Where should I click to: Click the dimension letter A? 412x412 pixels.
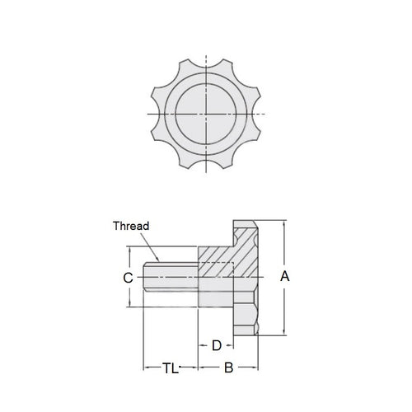point(286,278)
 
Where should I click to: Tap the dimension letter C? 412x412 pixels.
point(128,279)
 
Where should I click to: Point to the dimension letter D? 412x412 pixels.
point(217,345)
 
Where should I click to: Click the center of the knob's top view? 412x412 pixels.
point(206,112)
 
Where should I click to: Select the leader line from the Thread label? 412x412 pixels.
point(151,244)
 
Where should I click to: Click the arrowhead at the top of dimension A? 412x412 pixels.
point(285,223)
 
